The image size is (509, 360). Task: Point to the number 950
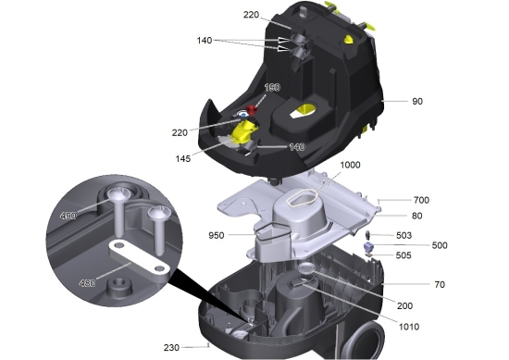pos(217,235)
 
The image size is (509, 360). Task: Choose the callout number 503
pos(404,235)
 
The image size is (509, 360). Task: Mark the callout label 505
pos(404,255)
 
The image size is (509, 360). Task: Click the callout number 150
pos(273,87)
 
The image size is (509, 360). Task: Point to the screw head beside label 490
pos(118,194)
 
